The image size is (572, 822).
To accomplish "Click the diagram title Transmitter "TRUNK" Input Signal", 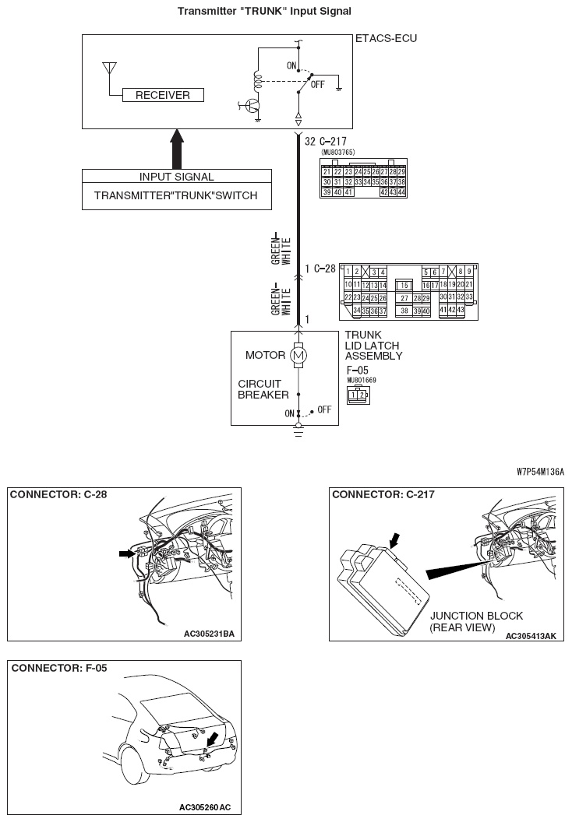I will (x=264, y=11).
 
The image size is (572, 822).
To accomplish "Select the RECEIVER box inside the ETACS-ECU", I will (x=163, y=95).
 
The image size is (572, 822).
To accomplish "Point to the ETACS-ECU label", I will (x=386, y=38).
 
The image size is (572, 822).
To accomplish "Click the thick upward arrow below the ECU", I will (x=177, y=148).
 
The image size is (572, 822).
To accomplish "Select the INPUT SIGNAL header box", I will (x=177, y=177).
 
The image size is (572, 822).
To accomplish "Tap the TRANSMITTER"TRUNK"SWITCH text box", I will (x=176, y=196).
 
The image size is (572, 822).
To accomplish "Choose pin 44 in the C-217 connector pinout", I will (x=401, y=192).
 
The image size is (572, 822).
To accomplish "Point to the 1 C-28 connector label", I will (x=320, y=269).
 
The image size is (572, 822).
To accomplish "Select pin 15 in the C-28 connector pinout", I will (x=404, y=286).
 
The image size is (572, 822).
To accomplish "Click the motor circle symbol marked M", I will (x=298, y=356).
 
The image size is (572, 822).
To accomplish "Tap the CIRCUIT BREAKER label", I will (x=263, y=389).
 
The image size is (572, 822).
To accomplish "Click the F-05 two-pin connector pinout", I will (x=359, y=394).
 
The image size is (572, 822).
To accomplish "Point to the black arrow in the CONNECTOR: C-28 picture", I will (x=125, y=553).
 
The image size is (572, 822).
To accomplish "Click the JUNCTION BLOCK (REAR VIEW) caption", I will (x=469, y=621).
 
